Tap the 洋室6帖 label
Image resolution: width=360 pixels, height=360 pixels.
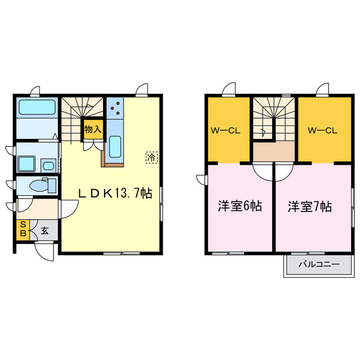click(240, 206)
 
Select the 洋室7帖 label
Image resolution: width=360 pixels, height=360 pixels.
click(310, 206)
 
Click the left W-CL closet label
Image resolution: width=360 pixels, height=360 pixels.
click(226, 131)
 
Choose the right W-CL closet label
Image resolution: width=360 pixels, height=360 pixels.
click(322, 131)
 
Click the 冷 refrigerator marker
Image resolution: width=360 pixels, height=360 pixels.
click(151, 157)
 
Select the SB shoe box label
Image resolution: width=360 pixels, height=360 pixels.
click(23, 229)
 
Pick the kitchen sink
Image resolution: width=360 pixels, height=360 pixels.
click(115, 147)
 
